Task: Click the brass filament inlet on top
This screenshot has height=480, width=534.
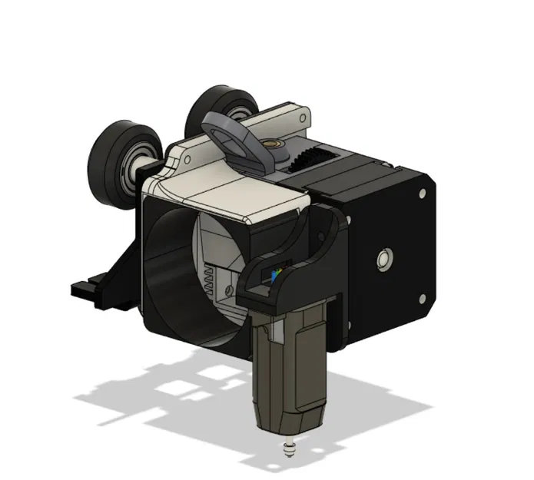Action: [272, 144]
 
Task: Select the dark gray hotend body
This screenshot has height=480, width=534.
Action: [291, 369]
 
